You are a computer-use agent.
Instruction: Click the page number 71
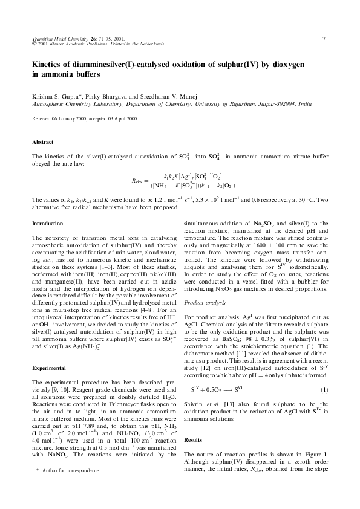click(325, 39)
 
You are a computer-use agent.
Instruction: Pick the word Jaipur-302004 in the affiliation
click(262, 104)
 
